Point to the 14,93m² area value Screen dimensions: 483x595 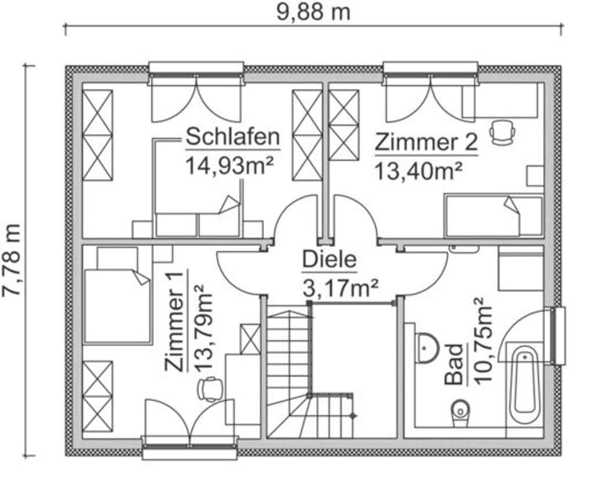229,165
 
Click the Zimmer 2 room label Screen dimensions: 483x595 426,142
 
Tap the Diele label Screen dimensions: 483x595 329,259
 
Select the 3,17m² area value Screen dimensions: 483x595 341,287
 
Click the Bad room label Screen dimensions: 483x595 455,365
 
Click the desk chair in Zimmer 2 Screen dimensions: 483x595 502,132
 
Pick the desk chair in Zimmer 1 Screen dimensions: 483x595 210,389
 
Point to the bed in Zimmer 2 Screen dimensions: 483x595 493,216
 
